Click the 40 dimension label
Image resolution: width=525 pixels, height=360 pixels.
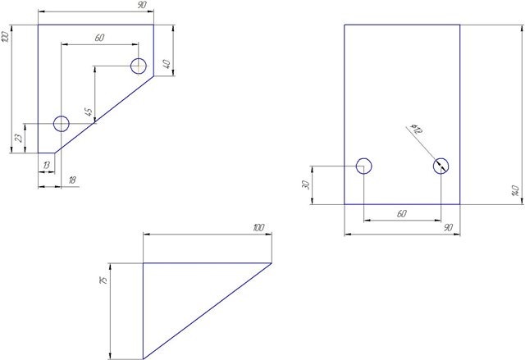pyautogui.click(x=167, y=64)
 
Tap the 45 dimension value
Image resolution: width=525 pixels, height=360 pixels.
pyautogui.click(x=89, y=112)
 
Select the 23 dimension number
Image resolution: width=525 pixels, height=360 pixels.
pyautogui.click(x=20, y=138)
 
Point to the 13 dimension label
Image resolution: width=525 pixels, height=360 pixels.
pyautogui.click(x=47, y=165)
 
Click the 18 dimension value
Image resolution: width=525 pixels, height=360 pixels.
pyautogui.click(x=72, y=180)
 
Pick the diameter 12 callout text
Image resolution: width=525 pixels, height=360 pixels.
pyautogui.click(x=417, y=129)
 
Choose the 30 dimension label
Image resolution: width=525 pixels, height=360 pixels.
pyautogui.click(x=306, y=185)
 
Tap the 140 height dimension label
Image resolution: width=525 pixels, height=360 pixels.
pyautogui.click(x=516, y=190)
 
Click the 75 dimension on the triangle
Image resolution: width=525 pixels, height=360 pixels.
pyautogui.click(x=104, y=280)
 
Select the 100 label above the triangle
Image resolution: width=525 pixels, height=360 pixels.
pyautogui.click(x=259, y=228)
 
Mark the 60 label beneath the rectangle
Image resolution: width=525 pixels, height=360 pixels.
pyautogui.click(x=402, y=213)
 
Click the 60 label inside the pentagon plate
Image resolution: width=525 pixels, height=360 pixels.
pyautogui.click(x=99, y=38)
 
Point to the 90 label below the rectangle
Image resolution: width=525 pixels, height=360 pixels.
pyautogui.click(x=449, y=228)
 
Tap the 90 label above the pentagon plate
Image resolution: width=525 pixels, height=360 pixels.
pyautogui.click(x=142, y=5)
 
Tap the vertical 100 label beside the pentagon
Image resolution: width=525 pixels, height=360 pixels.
pyautogui.click(x=5, y=36)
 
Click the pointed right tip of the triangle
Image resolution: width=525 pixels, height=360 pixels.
pyautogui.click(x=272, y=263)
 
